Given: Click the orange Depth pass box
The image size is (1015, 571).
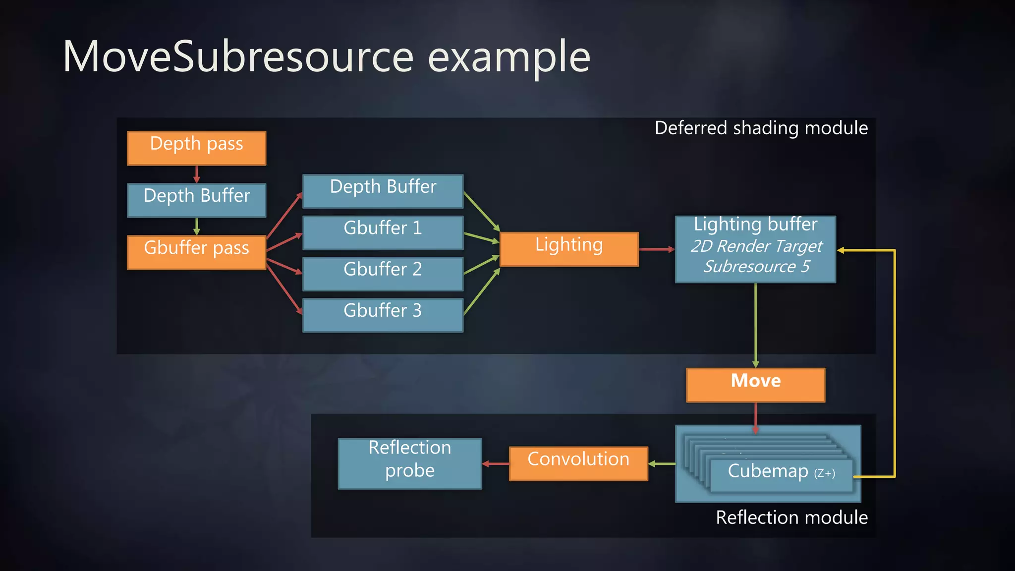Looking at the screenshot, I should tap(196, 148).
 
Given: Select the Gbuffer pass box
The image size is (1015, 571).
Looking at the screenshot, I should tap(196, 252).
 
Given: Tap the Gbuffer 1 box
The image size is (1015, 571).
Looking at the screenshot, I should tap(383, 232).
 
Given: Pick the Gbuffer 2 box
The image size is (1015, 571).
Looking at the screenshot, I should tap(383, 273).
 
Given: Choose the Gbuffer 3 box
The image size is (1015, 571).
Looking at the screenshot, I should tap(383, 314).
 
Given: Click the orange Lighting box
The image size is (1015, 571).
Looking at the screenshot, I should tap(569, 249).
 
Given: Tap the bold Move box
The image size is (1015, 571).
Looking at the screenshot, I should tap(755, 385).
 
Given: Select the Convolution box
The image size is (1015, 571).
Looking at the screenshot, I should tap(578, 463).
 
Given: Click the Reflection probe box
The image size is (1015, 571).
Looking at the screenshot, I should tap(409, 463).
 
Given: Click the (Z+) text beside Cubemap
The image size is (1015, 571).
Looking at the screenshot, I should tap(825, 473).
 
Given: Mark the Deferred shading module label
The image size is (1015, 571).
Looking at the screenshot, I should tap(761, 128).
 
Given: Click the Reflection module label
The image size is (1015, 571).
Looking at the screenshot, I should tap(791, 517).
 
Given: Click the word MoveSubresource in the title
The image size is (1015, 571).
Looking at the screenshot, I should tap(238, 57).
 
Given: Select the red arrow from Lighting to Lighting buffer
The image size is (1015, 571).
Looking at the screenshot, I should tap(655, 249).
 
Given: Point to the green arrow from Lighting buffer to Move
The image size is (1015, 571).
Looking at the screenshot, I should tap(755, 325).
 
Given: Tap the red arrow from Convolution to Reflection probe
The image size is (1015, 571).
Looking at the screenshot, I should tap(495, 463).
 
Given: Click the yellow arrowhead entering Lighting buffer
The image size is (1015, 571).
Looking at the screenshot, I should tap(841, 250).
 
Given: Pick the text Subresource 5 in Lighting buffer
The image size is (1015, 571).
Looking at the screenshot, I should tap(756, 267).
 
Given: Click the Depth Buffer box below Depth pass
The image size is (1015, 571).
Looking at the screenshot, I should tap(196, 200).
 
